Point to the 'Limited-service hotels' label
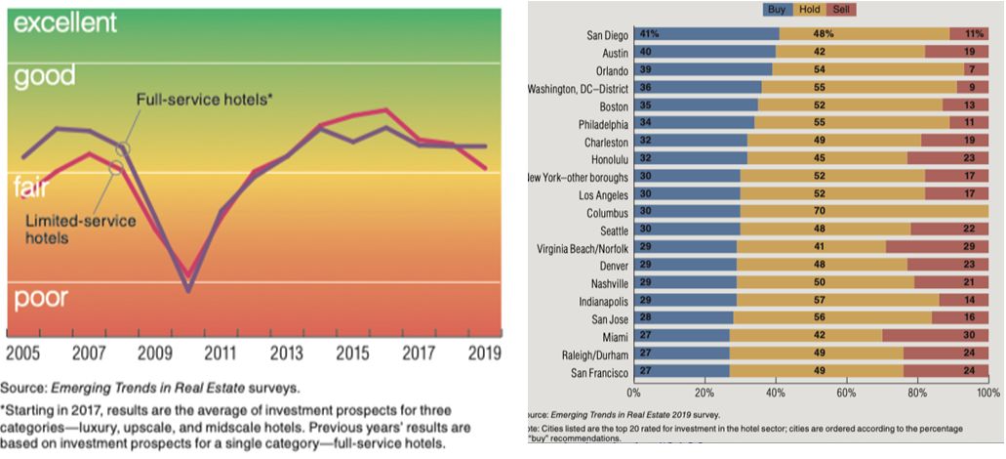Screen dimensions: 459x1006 point(79,229)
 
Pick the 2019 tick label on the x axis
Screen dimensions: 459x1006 point(484,353)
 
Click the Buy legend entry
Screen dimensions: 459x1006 point(779,10)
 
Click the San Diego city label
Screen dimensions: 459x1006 point(599,33)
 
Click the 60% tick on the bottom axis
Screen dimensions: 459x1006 point(846,393)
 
